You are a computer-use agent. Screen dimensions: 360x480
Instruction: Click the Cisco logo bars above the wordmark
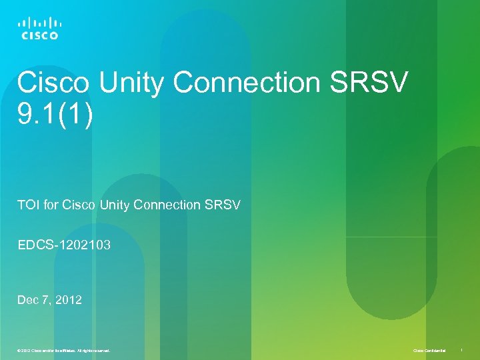pyautogui.click(x=39, y=22)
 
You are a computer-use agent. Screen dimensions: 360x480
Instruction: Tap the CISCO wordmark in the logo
pyautogui.click(x=39, y=35)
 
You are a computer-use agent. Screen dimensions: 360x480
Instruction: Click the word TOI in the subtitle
pyautogui.click(x=29, y=205)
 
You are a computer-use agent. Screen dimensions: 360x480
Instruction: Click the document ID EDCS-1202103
pyautogui.click(x=64, y=246)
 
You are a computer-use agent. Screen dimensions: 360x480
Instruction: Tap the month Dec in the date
pyautogui.click(x=29, y=300)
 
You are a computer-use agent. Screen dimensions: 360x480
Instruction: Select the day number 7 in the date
pyautogui.click(x=49, y=300)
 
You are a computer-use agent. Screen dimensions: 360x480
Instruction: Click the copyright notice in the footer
pyautogui.click(x=64, y=350)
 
